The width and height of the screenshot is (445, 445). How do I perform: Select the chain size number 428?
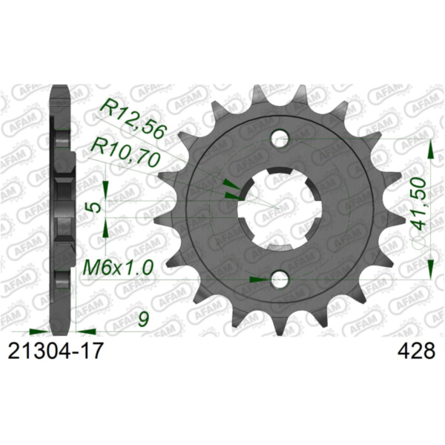416,350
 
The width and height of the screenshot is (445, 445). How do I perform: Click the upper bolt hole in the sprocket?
280,138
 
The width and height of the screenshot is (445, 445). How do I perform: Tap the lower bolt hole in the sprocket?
280,280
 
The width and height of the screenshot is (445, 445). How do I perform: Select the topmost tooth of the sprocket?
280,92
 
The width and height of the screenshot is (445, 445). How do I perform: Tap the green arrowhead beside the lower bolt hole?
259,280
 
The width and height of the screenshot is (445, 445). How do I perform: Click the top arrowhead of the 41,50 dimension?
431,148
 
